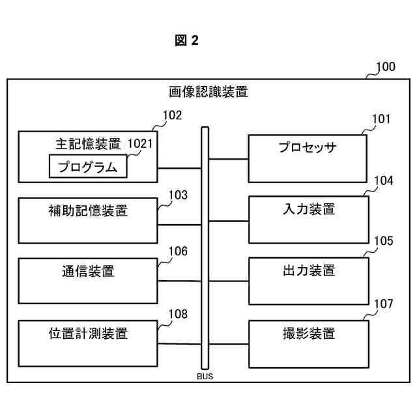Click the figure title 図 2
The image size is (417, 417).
(x=186, y=40)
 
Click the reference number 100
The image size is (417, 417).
(x=386, y=66)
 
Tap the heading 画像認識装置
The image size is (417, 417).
(x=208, y=92)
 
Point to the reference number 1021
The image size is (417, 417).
(x=140, y=143)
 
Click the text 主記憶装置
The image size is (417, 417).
(x=88, y=144)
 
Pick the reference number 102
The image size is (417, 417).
(x=172, y=115)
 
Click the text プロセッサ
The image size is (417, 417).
(x=308, y=147)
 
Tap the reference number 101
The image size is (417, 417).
(x=381, y=119)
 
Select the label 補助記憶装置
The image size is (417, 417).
(x=88, y=210)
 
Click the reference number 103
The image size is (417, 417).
(x=178, y=195)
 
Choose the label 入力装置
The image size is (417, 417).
(x=309, y=209)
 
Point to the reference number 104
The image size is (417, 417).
(x=384, y=181)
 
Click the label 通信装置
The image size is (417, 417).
(x=88, y=271)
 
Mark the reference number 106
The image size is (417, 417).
(x=178, y=252)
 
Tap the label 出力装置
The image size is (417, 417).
(x=309, y=270)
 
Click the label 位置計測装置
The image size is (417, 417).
(x=88, y=333)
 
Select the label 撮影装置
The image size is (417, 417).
(x=309, y=333)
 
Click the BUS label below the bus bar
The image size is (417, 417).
(x=205, y=377)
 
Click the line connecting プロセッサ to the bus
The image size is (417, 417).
(x=229, y=159)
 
